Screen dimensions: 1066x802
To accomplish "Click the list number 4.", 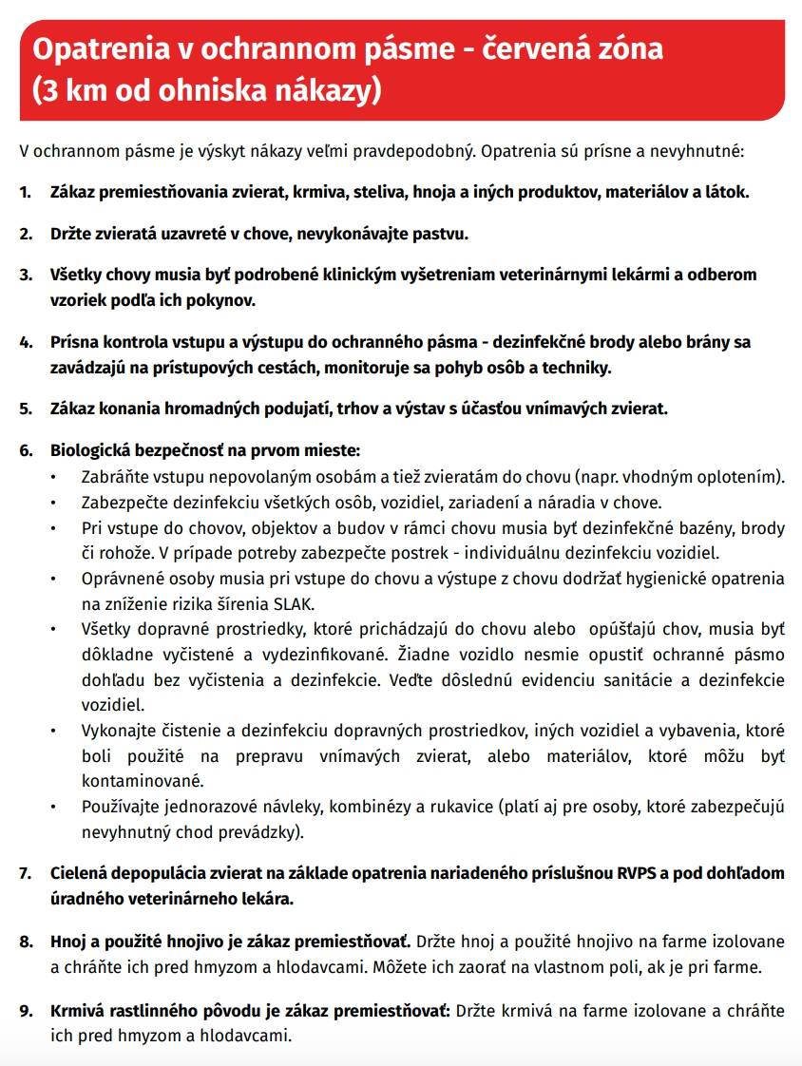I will (25, 342).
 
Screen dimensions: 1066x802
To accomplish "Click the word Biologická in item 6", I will (89, 450).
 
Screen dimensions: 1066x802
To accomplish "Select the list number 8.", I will (25, 942).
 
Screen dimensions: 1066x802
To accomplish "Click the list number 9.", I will (25, 1010).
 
